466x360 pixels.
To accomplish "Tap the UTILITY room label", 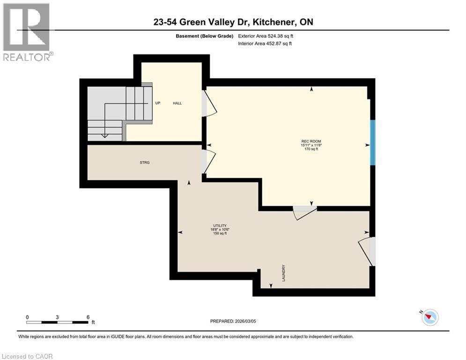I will tap(220, 225).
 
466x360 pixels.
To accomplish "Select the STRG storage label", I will tap(144, 162).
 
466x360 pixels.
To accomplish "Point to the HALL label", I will tap(177, 103).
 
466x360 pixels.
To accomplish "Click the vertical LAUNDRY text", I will tap(284, 273).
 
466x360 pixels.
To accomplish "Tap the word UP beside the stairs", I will tap(158, 103).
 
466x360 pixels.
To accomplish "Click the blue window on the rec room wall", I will tap(373, 142).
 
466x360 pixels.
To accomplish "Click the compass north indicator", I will tap(429, 317).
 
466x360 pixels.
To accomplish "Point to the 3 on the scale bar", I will tap(57, 317).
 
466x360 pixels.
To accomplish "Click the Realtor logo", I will tap(27, 32).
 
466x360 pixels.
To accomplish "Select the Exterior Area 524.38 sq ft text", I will tap(268, 36).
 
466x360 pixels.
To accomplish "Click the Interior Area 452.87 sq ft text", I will tap(268, 44).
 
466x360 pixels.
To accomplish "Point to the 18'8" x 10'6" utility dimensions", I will tap(220, 229).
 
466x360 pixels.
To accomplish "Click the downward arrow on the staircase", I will tap(105, 135).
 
